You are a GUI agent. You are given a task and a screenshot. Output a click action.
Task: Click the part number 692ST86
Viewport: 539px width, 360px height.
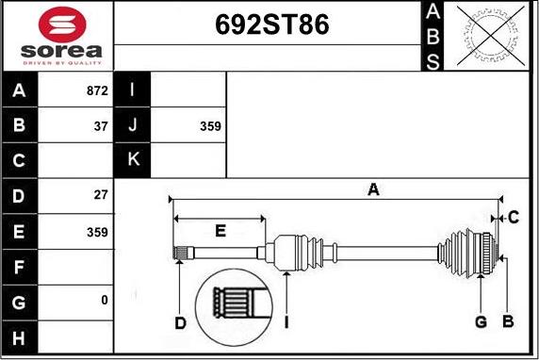pyautogui.click(x=272, y=25)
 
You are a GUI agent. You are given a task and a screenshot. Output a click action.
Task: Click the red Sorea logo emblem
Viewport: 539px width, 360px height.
pyautogui.click(x=62, y=25)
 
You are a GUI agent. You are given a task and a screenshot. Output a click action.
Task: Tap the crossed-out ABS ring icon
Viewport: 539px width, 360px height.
pyautogui.click(x=491, y=36)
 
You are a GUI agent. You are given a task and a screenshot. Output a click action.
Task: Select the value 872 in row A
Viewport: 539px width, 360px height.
pyautogui.click(x=97, y=90)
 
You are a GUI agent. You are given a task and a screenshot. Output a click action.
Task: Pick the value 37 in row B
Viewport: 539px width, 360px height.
pyautogui.click(x=101, y=126)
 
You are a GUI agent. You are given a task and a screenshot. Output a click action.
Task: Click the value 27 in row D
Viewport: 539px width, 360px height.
pyautogui.click(x=101, y=195)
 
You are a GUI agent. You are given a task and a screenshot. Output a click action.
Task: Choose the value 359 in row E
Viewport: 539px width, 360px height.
pyautogui.click(x=97, y=232)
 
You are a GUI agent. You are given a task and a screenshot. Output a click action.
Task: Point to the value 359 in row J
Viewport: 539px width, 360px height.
pyautogui.click(x=210, y=126)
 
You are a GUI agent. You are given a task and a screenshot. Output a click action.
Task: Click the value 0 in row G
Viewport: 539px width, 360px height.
pyautogui.click(x=105, y=300)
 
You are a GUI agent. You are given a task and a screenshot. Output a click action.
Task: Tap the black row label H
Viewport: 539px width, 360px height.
pyautogui.click(x=19, y=337)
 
